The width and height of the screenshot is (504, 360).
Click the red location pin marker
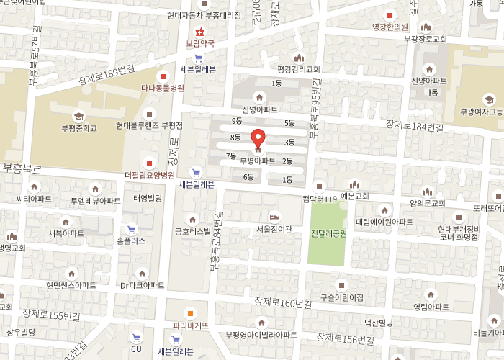(x=258, y=138)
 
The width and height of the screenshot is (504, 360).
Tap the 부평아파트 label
(x=258, y=160)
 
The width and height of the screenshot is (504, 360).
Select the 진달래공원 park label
(x=328, y=234)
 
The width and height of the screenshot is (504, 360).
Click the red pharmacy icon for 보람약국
(x=200, y=32)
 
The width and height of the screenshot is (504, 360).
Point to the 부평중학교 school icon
(x=78, y=117)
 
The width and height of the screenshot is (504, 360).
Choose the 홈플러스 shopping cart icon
(x=131, y=229)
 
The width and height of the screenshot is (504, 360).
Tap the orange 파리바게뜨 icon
(x=191, y=312)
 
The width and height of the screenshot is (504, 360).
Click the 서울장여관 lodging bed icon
(x=274, y=217)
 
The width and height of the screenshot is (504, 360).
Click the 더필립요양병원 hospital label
(x=150, y=175)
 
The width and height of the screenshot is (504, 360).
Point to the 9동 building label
(x=237, y=120)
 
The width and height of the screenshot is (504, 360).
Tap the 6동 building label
(x=248, y=176)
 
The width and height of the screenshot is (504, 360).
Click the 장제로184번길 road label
(x=415, y=127)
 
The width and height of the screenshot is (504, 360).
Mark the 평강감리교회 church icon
(x=298, y=58)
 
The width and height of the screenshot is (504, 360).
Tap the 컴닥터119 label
(x=320, y=198)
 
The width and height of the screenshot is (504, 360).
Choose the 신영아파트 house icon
(x=259, y=97)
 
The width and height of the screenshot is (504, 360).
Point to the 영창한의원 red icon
(x=390, y=16)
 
